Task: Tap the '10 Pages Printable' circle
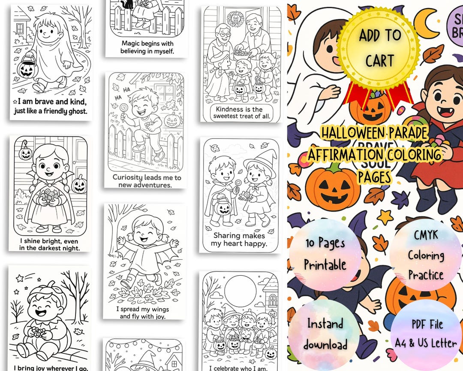tap(325, 254)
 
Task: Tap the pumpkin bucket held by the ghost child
tap(27, 67)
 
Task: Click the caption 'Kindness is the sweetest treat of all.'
tap(239, 113)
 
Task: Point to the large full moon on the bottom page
tap(240, 289)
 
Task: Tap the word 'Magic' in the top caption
tap(132, 43)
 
